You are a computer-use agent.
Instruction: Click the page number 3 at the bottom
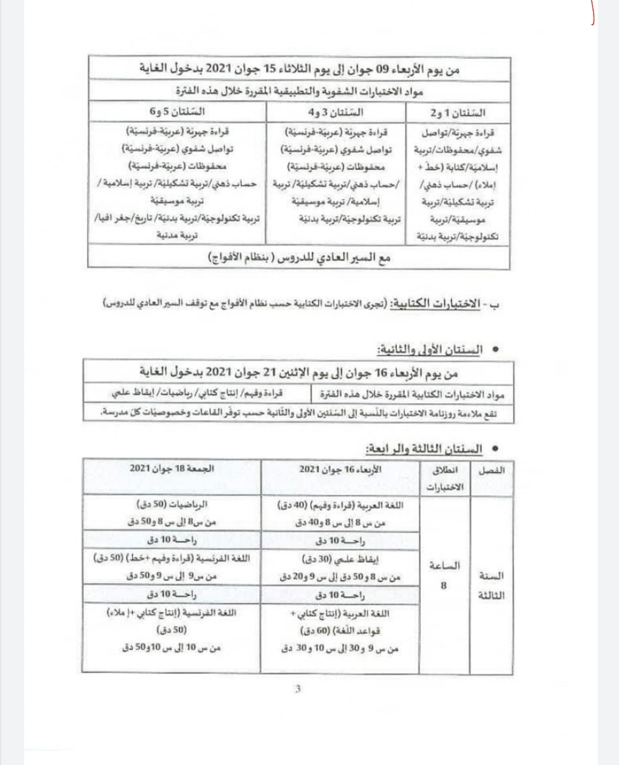pos(298,688)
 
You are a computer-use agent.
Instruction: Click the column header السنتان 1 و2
pos(466,112)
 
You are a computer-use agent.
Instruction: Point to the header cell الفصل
pos(491,470)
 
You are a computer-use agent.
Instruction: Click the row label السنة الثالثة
pos(491,585)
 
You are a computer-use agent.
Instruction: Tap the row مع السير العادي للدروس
pos(299,258)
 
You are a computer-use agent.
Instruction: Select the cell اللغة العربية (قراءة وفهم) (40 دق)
pos(340,505)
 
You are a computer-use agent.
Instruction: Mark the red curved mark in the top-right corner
pos(593,13)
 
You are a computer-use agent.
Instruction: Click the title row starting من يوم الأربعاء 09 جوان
pos(299,69)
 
